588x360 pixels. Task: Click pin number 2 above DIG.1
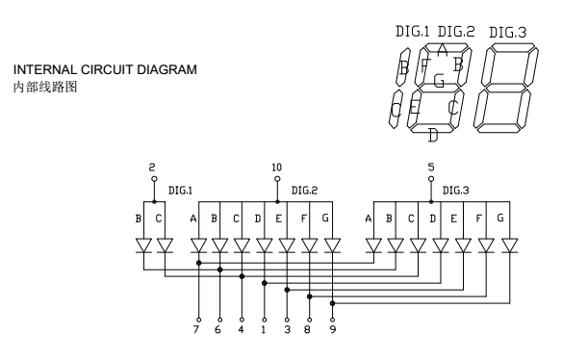(x=151, y=167)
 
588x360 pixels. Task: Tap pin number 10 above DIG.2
(x=277, y=167)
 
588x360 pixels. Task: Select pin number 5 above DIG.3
(x=431, y=167)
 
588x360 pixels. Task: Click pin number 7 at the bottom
(x=195, y=329)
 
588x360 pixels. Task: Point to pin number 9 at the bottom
(x=333, y=329)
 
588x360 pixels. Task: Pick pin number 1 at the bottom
(x=264, y=329)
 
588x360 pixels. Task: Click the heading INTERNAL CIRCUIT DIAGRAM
(x=105, y=69)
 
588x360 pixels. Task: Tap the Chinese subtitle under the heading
(x=45, y=87)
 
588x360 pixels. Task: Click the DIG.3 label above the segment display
(x=508, y=33)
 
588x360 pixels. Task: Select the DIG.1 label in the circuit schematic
(x=180, y=191)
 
